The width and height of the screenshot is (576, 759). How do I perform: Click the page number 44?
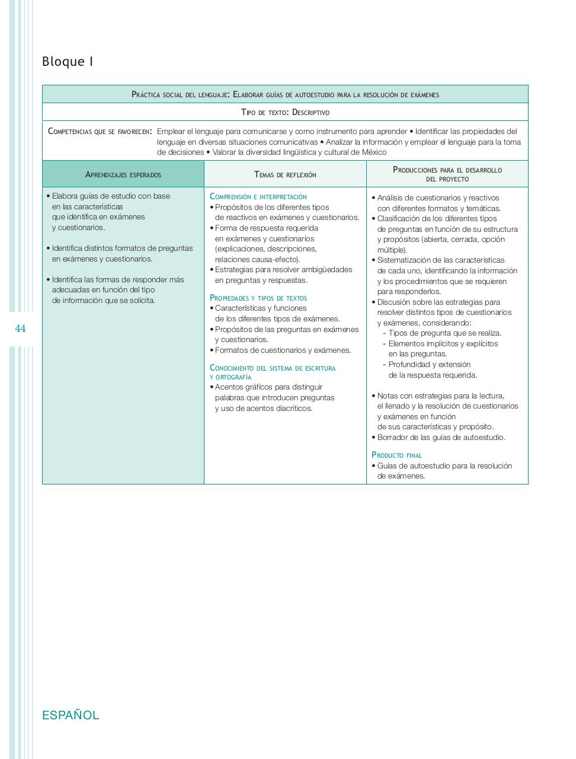[x=21, y=329]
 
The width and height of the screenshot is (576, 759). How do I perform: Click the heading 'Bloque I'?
[x=68, y=62]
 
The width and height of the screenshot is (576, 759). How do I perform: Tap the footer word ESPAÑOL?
[x=71, y=715]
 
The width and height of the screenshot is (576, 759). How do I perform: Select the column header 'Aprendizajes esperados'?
[x=123, y=174]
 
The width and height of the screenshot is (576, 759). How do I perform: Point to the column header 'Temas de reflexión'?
[x=285, y=174]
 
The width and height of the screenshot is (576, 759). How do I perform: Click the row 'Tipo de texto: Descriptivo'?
[x=285, y=112]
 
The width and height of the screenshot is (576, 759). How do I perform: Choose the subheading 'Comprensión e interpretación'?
[x=258, y=196]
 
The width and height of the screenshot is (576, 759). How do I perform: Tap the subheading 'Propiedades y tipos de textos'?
[x=258, y=298]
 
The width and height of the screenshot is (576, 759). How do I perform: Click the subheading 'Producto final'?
[x=396, y=455]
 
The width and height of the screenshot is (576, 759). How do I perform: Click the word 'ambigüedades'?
[x=328, y=270]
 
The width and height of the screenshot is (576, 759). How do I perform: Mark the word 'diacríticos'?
[x=294, y=409]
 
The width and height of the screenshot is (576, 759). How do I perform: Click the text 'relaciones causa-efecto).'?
[x=257, y=259]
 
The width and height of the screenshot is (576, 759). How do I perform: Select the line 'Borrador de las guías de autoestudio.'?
[x=441, y=438]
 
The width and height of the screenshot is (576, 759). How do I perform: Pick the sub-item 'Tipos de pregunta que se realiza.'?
[x=444, y=333]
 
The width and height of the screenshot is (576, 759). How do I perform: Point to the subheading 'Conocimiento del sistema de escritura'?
[x=273, y=368]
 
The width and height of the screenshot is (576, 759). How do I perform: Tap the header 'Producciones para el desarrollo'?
[x=447, y=170]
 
